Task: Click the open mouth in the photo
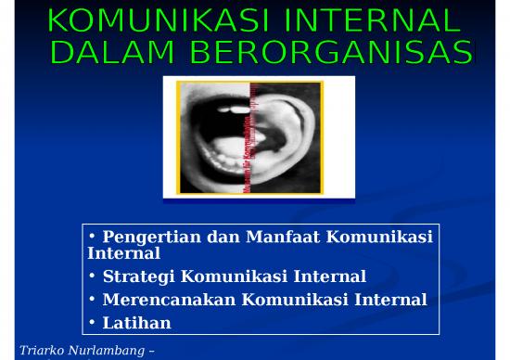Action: click(214, 139)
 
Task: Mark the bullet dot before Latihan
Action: click(92, 322)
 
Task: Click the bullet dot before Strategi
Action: click(92, 276)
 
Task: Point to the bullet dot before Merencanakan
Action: click(92, 299)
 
